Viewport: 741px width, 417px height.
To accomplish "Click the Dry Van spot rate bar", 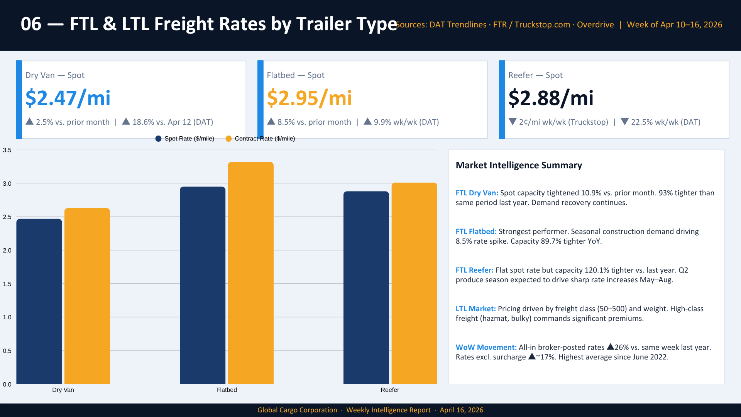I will pyautogui.click(x=39, y=301).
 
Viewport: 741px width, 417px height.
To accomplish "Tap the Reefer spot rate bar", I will pyautogui.click(x=366, y=287).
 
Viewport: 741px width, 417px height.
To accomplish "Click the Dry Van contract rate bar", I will pyautogui.click(x=87, y=296).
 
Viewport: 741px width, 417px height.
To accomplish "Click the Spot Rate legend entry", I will pyautogui.click(x=185, y=139).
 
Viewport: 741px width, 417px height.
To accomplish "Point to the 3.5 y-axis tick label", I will pyautogui.click(x=7, y=150).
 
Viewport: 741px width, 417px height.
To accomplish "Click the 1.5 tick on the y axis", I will pyautogui.click(x=7, y=284).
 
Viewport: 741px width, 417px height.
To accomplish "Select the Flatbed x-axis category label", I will pyautogui.click(x=227, y=390).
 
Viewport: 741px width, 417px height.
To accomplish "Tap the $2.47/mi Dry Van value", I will pyautogui.click(x=68, y=98).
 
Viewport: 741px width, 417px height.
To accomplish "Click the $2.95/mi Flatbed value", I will pyautogui.click(x=310, y=98).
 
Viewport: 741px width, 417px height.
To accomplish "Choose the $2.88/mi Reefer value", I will pyautogui.click(x=551, y=98).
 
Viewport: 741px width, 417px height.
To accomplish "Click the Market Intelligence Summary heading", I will pyautogui.click(x=519, y=165).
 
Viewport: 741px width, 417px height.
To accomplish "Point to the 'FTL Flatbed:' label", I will pyautogui.click(x=476, y=232).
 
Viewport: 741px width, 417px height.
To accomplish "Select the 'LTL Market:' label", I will pyautogui.click(x=475, y=309).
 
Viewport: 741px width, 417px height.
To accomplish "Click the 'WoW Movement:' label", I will pyautogui.click(x=486, y=347).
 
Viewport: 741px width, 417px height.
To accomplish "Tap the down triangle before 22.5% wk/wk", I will pyautogui.click(x=625, y=122).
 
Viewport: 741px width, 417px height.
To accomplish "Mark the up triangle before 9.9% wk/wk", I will pyautogui.click(x=368, y=122).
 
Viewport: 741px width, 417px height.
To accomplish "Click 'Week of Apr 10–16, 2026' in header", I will pyautogui.click(x=674, y=25).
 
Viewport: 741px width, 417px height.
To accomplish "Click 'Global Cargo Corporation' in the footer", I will pyautogui.click(x=297, y=410).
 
